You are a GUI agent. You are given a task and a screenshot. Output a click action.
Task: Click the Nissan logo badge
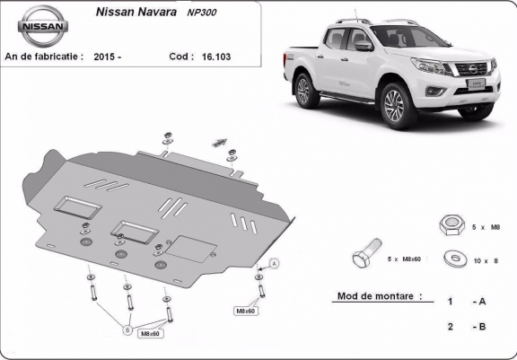point(43,26)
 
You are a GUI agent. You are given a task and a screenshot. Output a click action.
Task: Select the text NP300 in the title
point(201,13)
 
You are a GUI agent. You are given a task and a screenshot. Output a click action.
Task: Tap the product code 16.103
point(216,57)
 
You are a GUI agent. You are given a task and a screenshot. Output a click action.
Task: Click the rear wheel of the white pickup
point(305,91)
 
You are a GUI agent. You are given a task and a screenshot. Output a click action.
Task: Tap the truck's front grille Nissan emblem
point(473,69)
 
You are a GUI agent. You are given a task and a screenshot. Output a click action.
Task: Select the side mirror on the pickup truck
point(364,46)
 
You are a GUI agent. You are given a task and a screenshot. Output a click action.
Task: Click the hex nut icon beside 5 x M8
point(451,224)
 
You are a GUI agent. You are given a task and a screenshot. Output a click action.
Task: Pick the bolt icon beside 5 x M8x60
point(367,253)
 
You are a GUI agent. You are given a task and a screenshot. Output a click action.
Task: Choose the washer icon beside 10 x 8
point(455,259)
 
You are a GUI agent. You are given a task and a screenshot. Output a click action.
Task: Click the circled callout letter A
point(274,263)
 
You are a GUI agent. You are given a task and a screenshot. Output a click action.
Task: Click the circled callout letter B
point(127,330)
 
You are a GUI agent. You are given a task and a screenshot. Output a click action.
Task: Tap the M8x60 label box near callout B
point(150,334)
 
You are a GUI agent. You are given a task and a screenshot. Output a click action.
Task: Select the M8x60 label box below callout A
point(246,311)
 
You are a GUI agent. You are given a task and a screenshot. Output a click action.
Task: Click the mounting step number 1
point(450,302)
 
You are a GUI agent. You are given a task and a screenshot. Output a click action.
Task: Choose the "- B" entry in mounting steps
point(479,327)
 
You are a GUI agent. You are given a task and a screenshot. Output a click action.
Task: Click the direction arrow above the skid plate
point(219,143)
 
